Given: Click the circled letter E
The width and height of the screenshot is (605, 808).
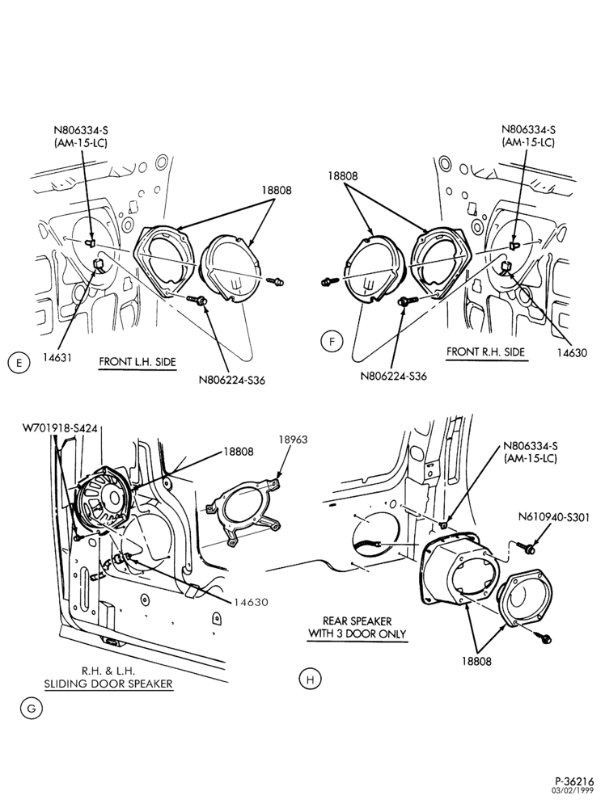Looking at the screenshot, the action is click(x=19, y=363).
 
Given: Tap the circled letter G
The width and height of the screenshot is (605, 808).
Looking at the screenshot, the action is click(x=32, y=709).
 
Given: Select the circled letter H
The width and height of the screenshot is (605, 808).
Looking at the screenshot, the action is click(x=310, y=680).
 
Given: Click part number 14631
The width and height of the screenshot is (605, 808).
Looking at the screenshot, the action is click(x=57, y=357).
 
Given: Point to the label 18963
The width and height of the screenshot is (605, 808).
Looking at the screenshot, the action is click(x=293, y=440).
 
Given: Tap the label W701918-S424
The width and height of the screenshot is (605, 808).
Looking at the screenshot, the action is click(x=60, y=427).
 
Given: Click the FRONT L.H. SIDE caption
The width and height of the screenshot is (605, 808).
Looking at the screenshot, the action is click(x=137, y=361).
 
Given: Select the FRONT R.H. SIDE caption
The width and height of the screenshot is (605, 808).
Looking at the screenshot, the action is click(x=485, y=352).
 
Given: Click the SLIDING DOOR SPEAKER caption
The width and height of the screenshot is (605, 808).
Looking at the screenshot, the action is click(x=108, y=684).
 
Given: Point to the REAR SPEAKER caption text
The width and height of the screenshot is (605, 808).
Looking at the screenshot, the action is click(x=357, y=621).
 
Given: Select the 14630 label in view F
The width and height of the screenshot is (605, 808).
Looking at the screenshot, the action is click(x=573, y=354).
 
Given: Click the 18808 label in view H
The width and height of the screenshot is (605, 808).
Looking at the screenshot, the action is click(x=476, y=661).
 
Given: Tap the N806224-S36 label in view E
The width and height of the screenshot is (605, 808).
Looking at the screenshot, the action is click(x=232, y=381).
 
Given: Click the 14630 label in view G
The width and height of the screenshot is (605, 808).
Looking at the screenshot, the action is click(x=251, y=602).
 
